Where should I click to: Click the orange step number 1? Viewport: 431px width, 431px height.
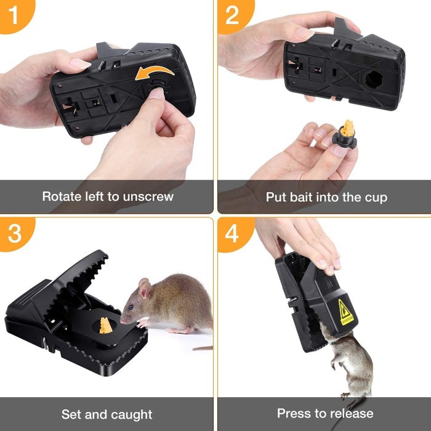[x=13, y=15]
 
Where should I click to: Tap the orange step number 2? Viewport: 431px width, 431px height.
[x=232, y=15]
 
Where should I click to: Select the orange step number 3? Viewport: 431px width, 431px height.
[x=14, y=233]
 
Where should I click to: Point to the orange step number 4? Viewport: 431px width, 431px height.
[x=232, y=234]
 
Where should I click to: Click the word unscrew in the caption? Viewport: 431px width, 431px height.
[x=148, y=197]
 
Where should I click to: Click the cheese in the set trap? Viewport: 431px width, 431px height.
[x=105, y=325]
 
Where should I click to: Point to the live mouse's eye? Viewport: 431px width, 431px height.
[x=131, y=307]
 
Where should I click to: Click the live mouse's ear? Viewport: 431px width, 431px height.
[x=145, y=289]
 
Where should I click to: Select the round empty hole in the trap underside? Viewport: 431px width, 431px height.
[x=376, y=79]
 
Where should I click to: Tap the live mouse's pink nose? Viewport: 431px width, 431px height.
[x=121, y=321]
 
